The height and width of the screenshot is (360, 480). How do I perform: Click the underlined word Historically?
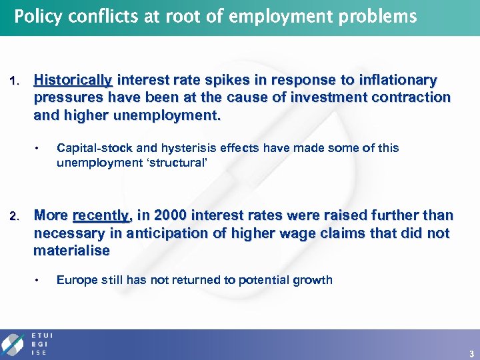tap(73, 81)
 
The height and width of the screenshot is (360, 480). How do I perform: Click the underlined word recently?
tap(101, 215)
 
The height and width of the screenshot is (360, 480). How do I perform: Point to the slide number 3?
tap(471, 353)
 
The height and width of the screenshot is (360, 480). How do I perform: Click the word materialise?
tap(71, 251)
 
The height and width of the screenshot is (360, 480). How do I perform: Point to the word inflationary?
tap(398, 81)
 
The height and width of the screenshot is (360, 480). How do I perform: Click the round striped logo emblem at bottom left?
tap(14, 343)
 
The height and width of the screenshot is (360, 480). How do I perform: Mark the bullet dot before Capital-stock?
tap(39, 148)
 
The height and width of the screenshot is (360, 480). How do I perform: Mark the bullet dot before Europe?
tap(39, 280)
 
